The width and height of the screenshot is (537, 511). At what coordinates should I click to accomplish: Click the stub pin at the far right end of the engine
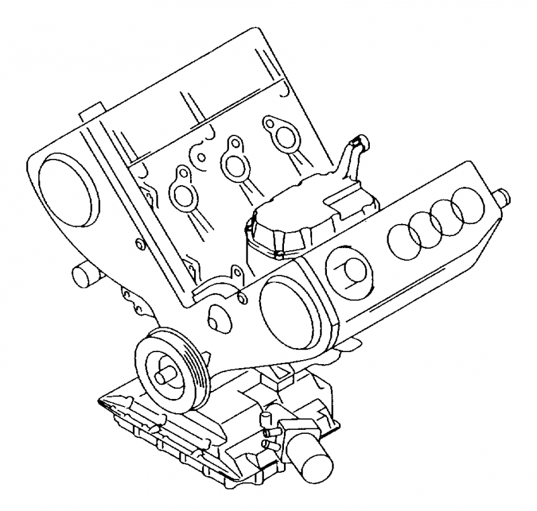click(x=503, y=196)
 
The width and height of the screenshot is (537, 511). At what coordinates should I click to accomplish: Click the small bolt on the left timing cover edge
click(x=139, y=243)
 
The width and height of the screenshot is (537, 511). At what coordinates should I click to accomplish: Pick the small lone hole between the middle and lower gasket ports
click(x=202, y=158)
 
